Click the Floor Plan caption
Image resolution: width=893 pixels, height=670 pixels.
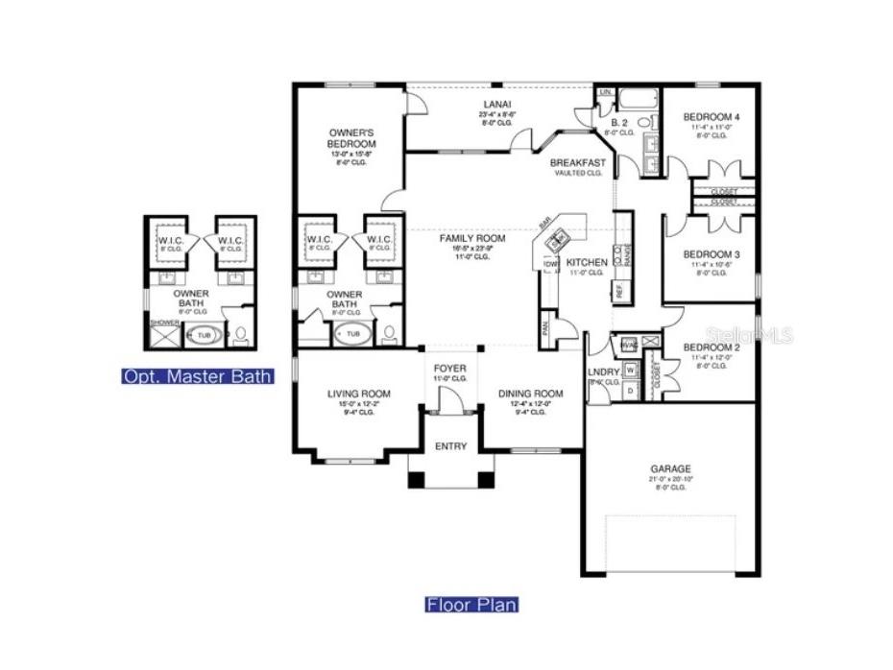point(471,605)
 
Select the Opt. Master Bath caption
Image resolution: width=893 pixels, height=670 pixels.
point(197,376)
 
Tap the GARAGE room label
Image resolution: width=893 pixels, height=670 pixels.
point(670,469)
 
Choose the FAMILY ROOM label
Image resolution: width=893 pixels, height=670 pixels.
point(471,238)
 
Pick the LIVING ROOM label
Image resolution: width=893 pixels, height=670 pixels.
point(358,394)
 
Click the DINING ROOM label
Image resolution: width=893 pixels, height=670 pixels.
point(530,394)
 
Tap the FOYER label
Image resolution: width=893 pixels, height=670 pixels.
point(449,369)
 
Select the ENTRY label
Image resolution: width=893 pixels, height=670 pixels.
point(450,446)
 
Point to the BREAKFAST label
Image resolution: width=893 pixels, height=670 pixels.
point(577,163)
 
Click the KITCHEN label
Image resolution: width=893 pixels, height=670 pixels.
point(587,262)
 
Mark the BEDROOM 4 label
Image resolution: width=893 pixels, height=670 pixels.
point(710,117)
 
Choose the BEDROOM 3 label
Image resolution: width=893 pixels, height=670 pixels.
point(710,254)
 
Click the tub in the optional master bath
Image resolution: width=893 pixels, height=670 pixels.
point(203,335)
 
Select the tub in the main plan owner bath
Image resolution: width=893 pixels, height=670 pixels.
point(352,334)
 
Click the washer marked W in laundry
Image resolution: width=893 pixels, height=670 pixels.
point(631,370)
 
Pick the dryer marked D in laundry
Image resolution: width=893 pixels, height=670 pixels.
point(631,391)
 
